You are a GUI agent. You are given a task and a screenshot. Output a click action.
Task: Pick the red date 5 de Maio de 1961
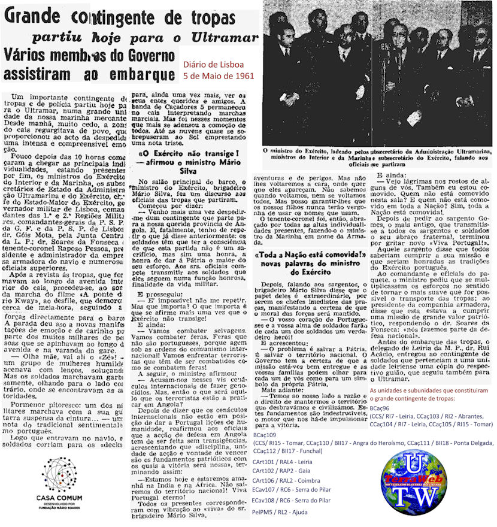click(218, 76)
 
